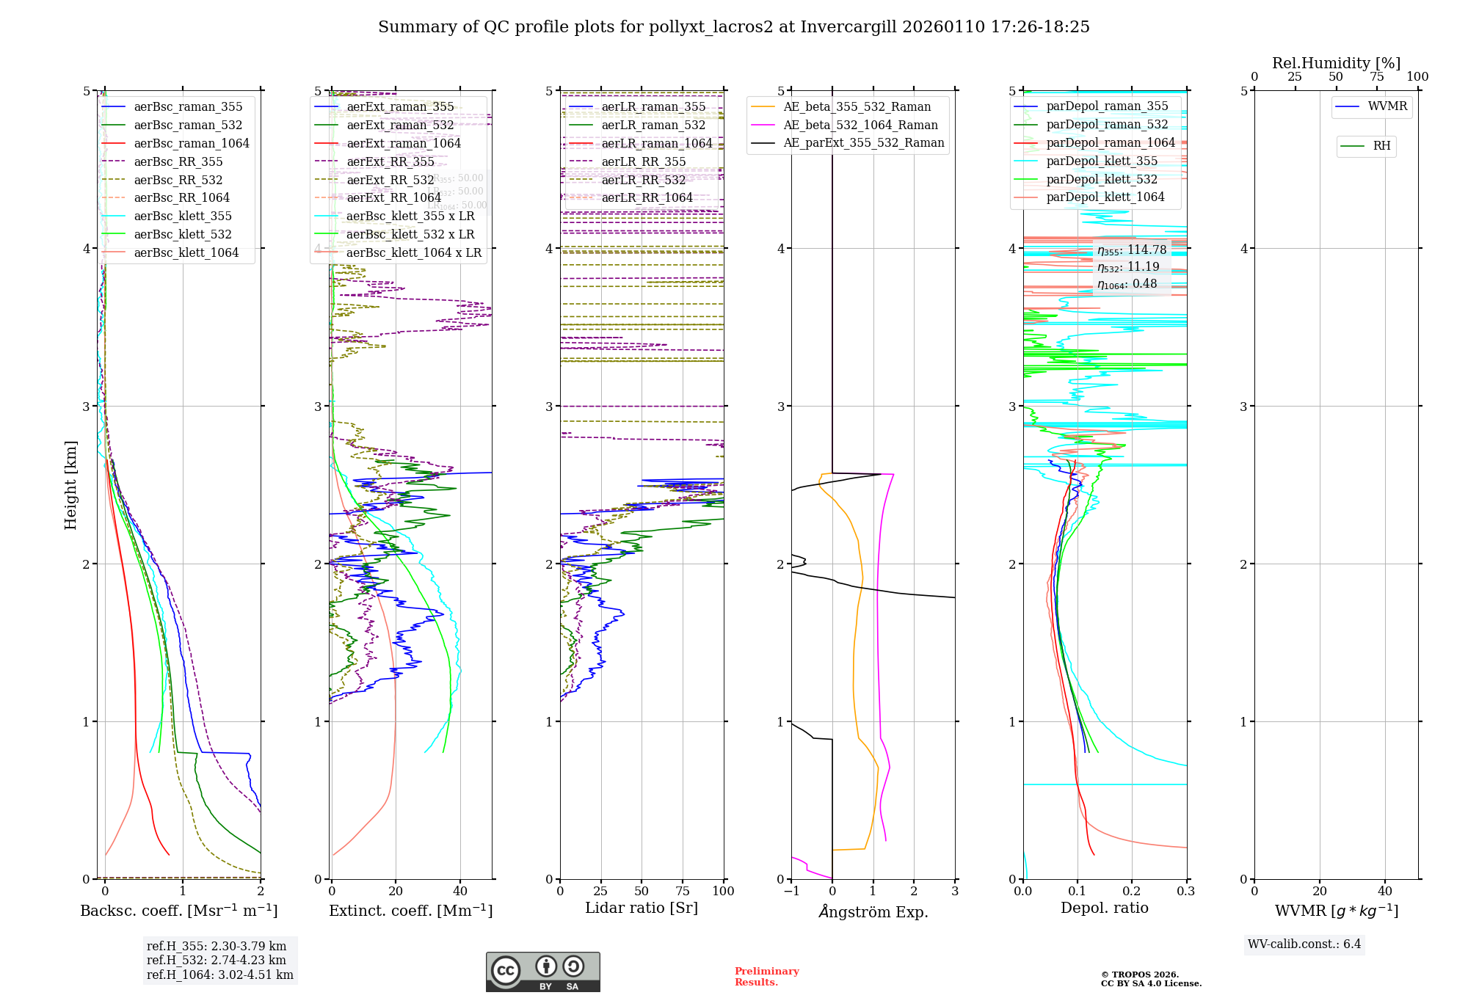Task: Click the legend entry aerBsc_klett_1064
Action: point(186,253)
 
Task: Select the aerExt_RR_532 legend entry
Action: point(390,180)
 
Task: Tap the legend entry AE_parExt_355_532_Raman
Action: point(863,143)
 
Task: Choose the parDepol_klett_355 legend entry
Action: point(1101,161)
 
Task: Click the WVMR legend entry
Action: point(1387,106)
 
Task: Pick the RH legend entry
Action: point(1381,146)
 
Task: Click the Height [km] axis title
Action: point(70,485)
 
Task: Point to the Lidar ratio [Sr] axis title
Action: point(641,908)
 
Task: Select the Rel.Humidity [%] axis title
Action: point(1336,63)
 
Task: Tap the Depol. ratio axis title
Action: point(1104,908)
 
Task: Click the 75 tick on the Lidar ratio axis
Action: point(683,892)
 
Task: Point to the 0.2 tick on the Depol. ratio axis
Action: point(1132,892)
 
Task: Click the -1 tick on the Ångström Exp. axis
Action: point(791,892)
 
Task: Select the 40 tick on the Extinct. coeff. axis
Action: point(460,892)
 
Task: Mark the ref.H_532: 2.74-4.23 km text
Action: point(217,961)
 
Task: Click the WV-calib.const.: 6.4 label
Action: point(1304,944)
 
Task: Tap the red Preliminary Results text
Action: point(766,977)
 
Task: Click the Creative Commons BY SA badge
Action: point(542,972)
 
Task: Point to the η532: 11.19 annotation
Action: point(1128,267)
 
